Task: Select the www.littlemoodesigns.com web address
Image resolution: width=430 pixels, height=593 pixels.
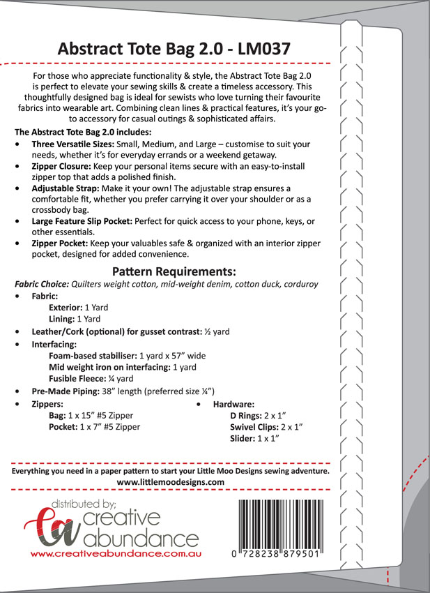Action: pyautogui.click(x=170, y=482)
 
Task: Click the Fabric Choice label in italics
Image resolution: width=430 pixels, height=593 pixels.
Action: pyautogui.click(x=43, y=285)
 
